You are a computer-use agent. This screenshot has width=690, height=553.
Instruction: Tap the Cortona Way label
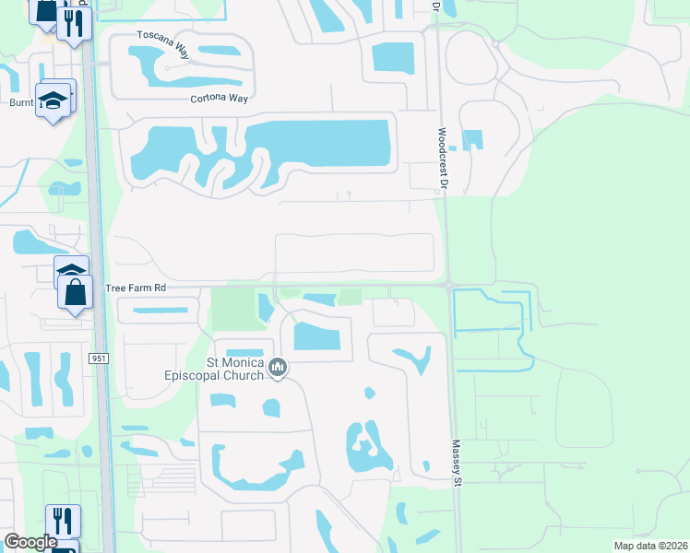[x=221, y=99]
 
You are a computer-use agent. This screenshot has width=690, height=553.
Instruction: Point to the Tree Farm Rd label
[x=136, y=288]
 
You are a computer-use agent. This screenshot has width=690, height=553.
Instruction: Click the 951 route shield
[x=99, y=358]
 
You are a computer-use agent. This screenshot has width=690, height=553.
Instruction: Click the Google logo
[x=30, y=541]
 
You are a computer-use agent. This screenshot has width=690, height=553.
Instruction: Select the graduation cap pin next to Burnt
[x=52, y=100]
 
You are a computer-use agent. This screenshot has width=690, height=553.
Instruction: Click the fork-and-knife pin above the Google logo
[x=62, y=521]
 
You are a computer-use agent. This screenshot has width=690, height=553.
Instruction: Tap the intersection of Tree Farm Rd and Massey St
[x=448, y=286]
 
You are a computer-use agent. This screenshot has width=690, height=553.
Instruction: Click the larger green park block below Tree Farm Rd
[x=232, y=309]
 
